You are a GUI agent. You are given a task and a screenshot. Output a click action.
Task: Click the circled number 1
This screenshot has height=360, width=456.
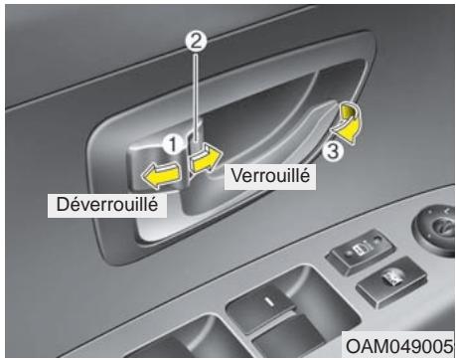point(174,144)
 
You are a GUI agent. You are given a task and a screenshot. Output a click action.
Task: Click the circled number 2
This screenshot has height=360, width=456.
point(198,43)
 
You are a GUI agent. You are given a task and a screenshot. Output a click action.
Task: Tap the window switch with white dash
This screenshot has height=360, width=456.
point(268,303)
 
